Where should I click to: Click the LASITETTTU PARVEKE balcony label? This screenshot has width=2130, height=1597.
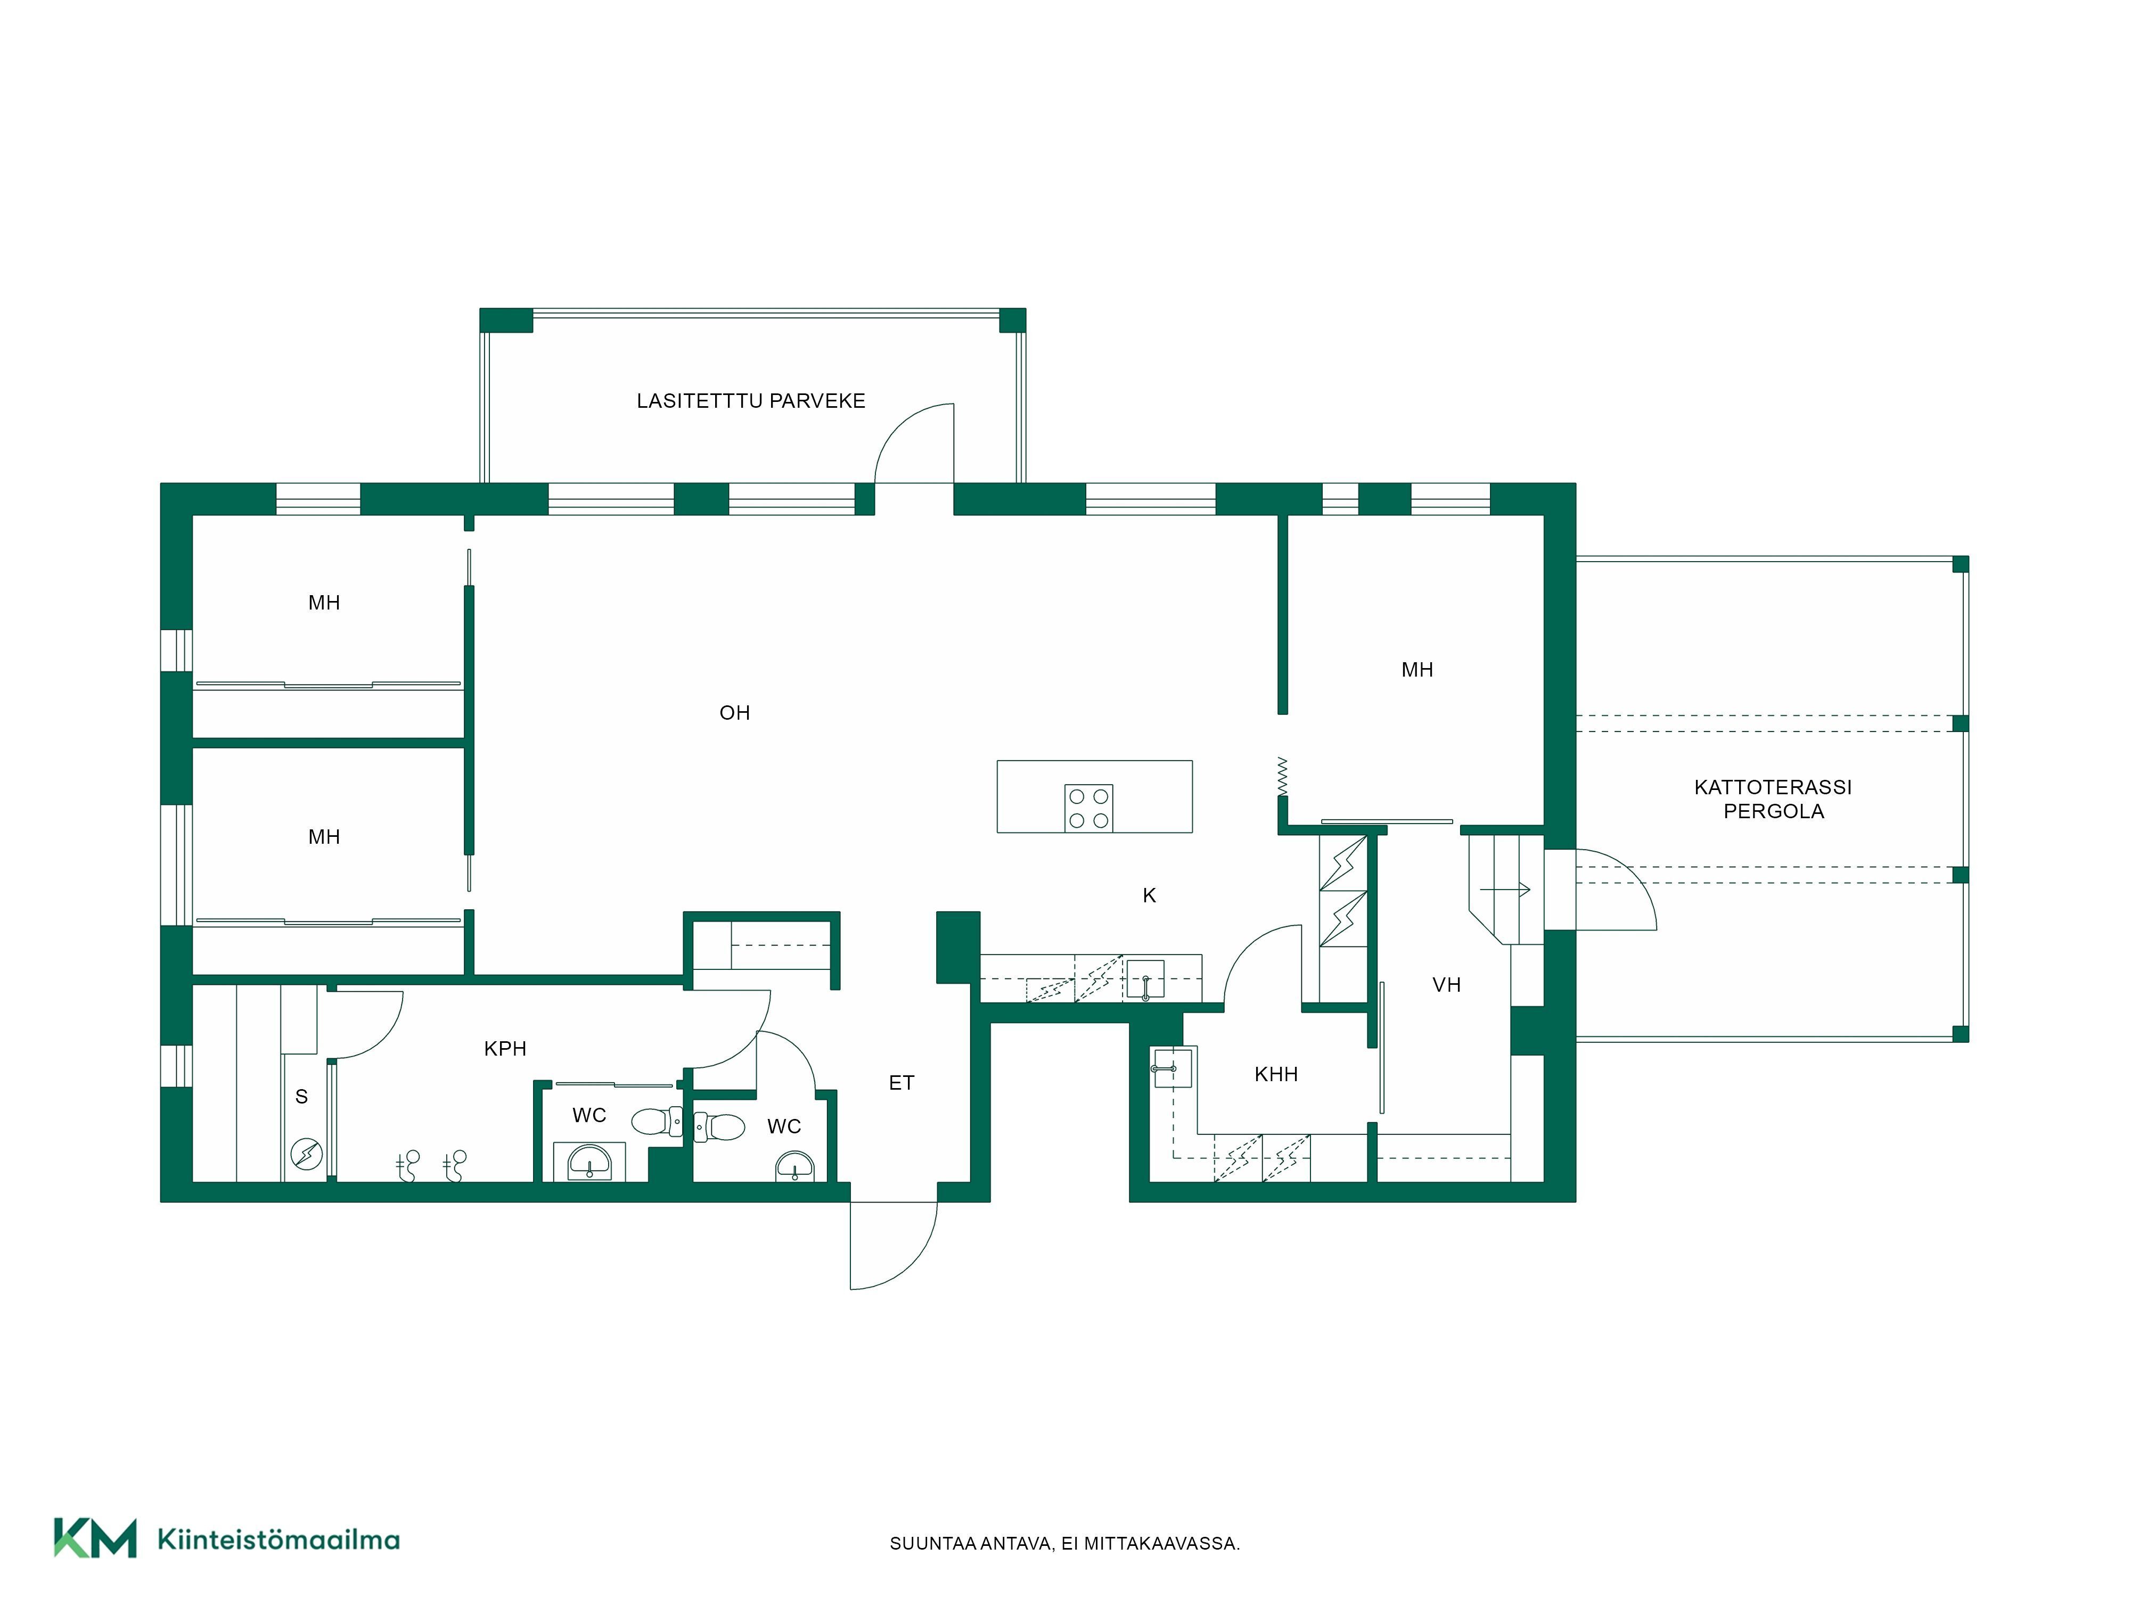[x=750, y=401]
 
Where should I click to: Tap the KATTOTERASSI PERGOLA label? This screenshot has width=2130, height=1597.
[x=1773, y=799]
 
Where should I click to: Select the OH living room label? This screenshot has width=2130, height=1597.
[x=735, y=713]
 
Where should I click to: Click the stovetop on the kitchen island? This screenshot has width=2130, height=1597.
[x=1088, y=808]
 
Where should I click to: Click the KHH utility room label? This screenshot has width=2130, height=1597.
[x=1276, y=1074]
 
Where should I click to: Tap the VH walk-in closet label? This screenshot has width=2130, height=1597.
[x=1446, y=985]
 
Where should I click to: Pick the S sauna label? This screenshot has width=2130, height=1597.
[x=301, y=1097]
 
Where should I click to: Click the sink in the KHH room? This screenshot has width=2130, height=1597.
[x=1172, y=1067]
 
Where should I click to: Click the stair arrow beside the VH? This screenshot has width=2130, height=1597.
[x=1505, y=890]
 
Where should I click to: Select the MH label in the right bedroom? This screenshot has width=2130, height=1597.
[x=1416, y=670]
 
